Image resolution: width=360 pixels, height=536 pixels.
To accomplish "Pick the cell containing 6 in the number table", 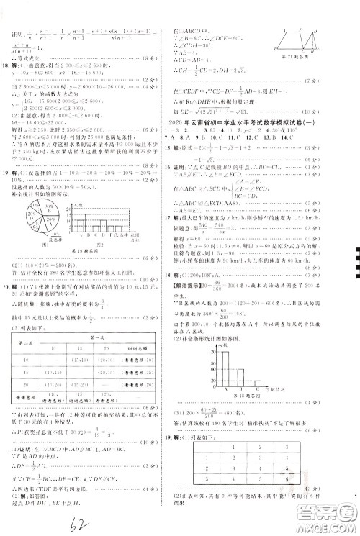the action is point(286,478).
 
